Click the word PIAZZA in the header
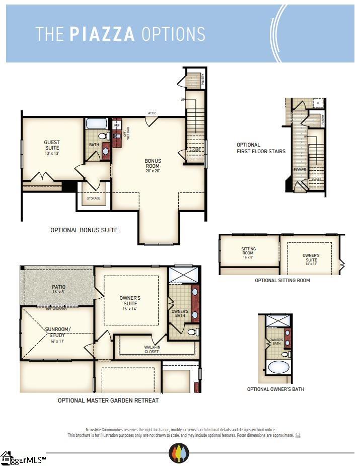(102, 34)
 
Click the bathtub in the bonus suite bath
(96, 123)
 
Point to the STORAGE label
(93, 198)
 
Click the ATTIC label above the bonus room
(152, 113)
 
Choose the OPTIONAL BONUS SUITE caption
(84, 230)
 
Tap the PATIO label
(59, 289)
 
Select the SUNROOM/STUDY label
(58, 332)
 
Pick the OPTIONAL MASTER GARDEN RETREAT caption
(108, 401)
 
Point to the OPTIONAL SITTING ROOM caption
(282, 281)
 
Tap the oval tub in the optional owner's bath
(278, 366)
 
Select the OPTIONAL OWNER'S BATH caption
(275, 389)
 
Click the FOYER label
(300, 170)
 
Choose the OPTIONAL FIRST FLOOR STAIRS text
(261, 148)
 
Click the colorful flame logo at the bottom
(179, 453)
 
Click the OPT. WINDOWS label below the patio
(56, 309)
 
